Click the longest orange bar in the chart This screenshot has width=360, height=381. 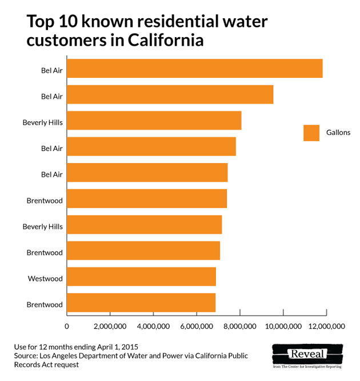194,69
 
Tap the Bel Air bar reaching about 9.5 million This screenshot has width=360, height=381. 170,95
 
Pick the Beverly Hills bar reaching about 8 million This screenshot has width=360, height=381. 154,121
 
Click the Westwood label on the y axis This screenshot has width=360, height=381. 45,279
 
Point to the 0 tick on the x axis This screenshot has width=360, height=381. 67,326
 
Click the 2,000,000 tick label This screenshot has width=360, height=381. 110,326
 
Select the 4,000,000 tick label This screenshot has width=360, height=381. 153,326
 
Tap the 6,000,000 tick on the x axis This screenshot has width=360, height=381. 197,326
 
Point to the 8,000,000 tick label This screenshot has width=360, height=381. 239,326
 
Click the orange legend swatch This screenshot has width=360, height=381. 311,133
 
